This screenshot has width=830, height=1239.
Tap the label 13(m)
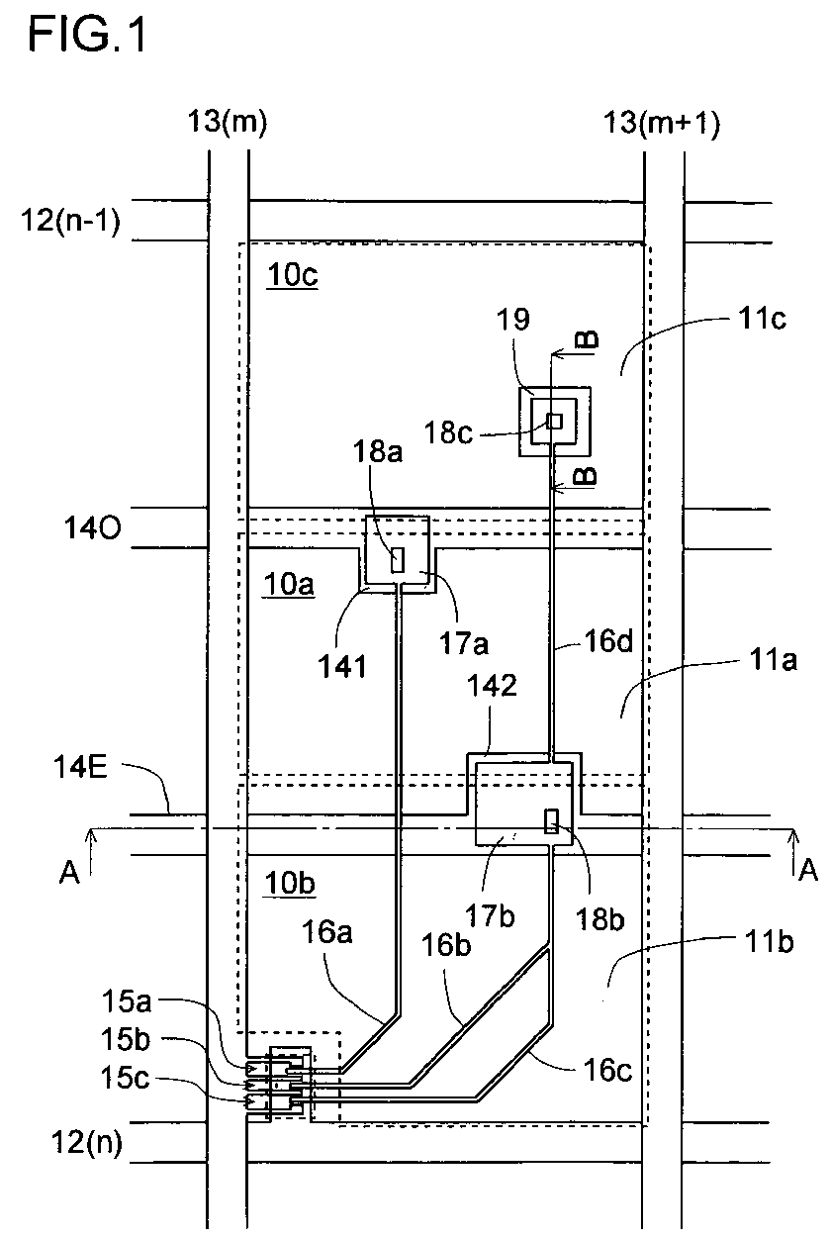pyautogui.click(x=228, y=122)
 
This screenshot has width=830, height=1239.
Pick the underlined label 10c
pyautogui.click(x=292, y=276)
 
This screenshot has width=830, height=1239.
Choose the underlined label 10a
pyautogui.click(x=290, y=585)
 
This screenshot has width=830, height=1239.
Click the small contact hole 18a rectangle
pyautogui.click(x=397, y=560)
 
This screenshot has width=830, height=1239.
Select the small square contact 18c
pyautogui.click(x=555, y=421)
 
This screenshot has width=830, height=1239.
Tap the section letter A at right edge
pyautogui.click(x=807, y=870)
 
